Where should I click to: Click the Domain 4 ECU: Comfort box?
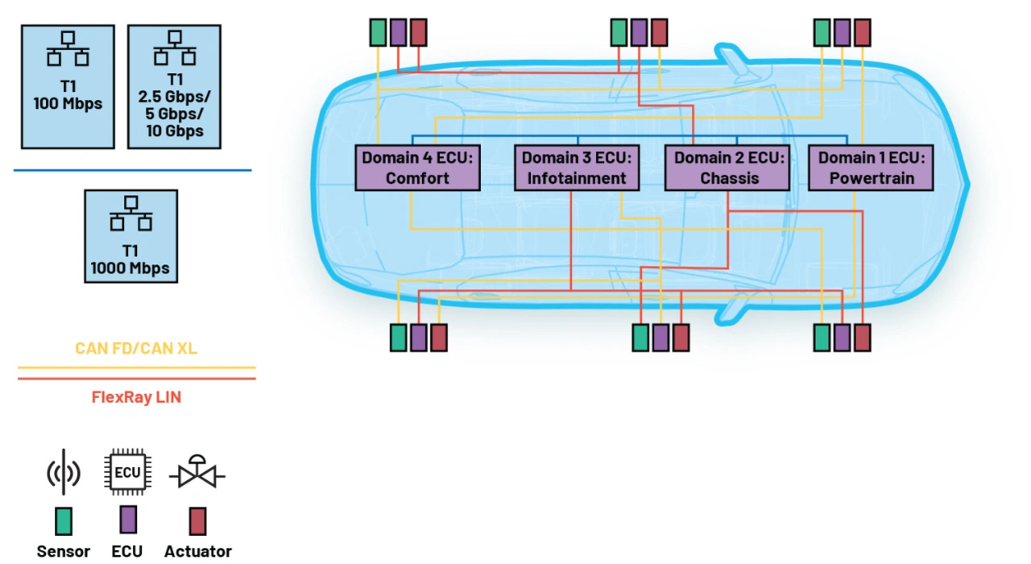click(417, 168)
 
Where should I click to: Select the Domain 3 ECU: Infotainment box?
click(577, 168)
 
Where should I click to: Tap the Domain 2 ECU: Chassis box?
click(727, 168)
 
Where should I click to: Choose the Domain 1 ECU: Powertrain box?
click(872, 168)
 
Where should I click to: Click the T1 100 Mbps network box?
click(68, 86)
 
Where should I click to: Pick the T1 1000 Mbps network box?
click(131, 236)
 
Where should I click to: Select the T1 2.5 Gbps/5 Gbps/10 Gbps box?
click(175, 86)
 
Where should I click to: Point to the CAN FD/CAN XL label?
click(136, 348)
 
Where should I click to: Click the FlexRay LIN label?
click(136, 397)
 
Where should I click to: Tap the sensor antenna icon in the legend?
click(64, 472)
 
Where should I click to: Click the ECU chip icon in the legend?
click(127, 472)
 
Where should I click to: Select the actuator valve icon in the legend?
click(197, 472)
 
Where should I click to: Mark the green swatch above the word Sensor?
click(64, 521)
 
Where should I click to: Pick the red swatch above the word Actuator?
click(198, 521)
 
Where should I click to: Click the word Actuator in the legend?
click(198, 551)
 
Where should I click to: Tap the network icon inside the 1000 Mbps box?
click(131, 214)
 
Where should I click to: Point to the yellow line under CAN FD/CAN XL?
click(137, 368)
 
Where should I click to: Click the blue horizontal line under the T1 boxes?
click(133, 170)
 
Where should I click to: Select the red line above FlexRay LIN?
click(137, 379)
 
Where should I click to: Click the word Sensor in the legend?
click(64, 551)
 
